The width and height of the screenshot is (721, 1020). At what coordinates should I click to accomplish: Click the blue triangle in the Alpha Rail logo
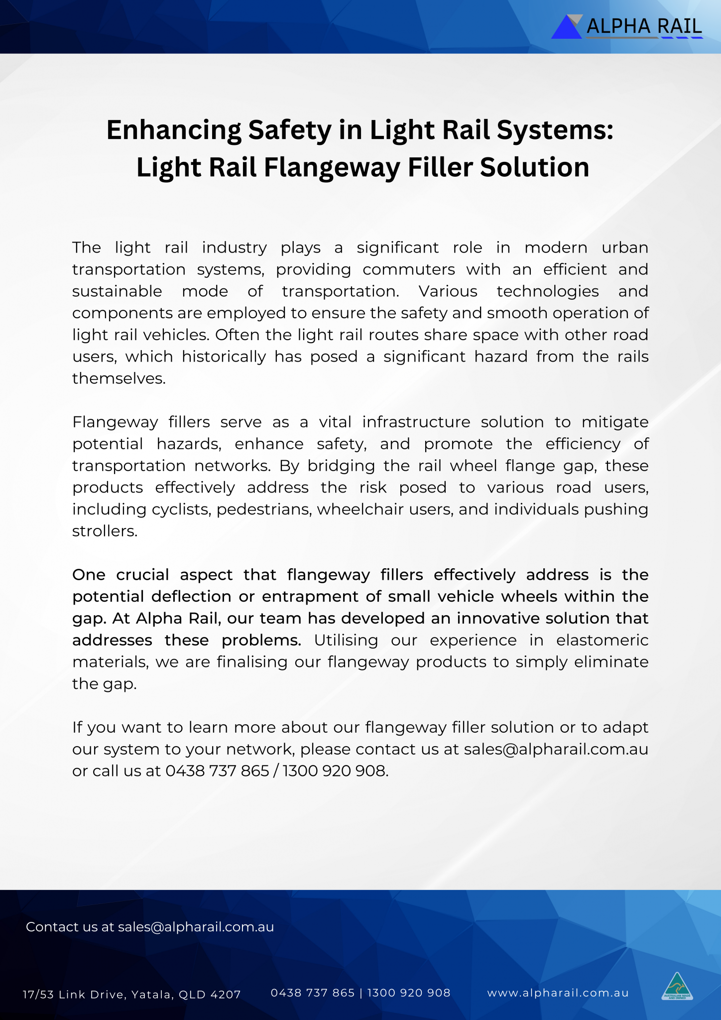[566, 28]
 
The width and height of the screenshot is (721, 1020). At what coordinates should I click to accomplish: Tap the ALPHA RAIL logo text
[644, 26]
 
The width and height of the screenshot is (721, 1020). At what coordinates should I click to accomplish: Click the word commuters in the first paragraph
[409, 269]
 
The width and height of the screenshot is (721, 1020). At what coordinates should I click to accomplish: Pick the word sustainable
[117, 291]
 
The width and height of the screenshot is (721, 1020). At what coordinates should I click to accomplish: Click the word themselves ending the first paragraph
[118, 379]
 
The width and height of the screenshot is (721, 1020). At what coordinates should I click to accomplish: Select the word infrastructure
[416, 422]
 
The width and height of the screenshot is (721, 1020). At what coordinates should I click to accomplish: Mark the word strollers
[104, 531]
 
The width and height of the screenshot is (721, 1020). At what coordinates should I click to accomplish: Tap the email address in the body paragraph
[556, 750]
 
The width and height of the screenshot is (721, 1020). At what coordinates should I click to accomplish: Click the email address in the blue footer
[196, 927]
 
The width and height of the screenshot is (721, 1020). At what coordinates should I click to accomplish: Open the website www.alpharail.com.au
[558, 993]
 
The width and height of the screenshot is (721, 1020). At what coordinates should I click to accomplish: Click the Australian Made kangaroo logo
[677, 986]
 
